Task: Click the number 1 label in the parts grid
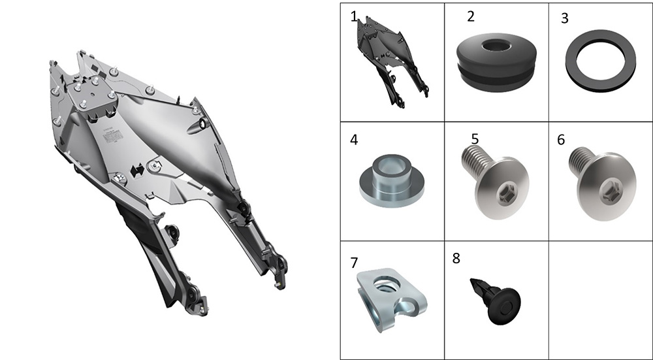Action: [x=353, y=17]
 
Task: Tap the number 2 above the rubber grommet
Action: [x=471, y=16]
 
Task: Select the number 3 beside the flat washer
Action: [x=565, y=19]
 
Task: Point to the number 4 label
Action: [x=353, y=140]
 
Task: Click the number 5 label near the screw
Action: [x=475, y=139]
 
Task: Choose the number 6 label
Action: [x=561, y=140]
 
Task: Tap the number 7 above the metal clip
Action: [x=354, y=263]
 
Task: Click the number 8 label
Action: [x=456, y=258]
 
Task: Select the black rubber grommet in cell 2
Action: [x=496, y=63]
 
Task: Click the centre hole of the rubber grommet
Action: [x=497, y=46]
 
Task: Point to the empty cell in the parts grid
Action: [x=601, y=300]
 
